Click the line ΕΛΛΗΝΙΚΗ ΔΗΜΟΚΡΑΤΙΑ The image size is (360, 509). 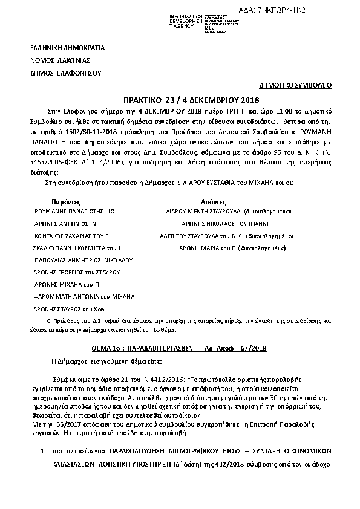click(x=68, y=47)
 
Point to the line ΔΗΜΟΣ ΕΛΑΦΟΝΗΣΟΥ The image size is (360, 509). click(x=65, y=73)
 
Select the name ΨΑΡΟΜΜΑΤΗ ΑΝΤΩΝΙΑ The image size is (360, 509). click(x=83, y=296)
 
